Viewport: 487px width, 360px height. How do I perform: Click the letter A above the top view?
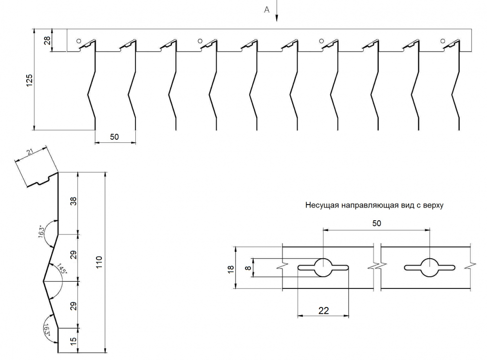(266, 9)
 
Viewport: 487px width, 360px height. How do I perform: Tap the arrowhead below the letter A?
(277, 19)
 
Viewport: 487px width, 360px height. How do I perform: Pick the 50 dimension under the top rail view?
(114, 137)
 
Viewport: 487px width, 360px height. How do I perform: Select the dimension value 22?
(322, 310)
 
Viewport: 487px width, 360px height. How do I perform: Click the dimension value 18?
(231, 268)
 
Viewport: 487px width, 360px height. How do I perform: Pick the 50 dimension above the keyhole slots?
(376, 223)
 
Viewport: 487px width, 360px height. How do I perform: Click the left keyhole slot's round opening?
(323, 267)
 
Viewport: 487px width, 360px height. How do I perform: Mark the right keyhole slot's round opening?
(430, 267)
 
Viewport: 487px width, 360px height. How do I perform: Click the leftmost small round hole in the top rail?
(77, 41)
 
